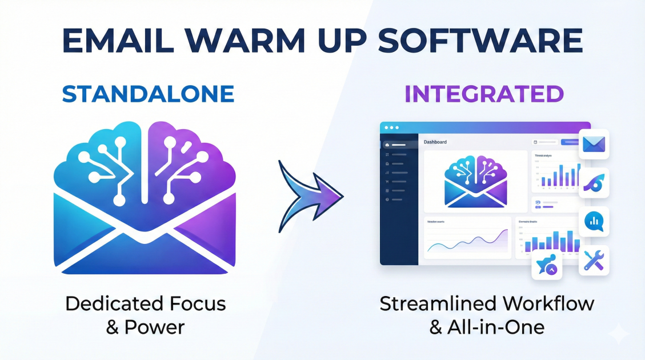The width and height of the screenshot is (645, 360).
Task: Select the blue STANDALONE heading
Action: tap(148, 94)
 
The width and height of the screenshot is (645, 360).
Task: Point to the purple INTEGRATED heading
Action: tap(484, 94)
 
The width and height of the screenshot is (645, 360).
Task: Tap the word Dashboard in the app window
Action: tap(435, 142)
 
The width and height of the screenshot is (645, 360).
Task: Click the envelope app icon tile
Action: tap(594, 144)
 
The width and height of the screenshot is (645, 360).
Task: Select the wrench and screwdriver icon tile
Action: tap(594, 261)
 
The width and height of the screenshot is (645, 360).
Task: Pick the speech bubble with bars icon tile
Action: tap(594, 221)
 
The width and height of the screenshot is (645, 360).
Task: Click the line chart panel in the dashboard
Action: tap(467, 238)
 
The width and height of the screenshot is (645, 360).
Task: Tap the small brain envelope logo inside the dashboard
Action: tap(475, 181)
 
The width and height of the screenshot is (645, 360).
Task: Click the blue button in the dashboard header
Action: tap(570, 142)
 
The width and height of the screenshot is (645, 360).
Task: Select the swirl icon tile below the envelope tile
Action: tap(594, 183)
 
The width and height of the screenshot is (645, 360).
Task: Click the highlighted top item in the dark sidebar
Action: tap(398, 145)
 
